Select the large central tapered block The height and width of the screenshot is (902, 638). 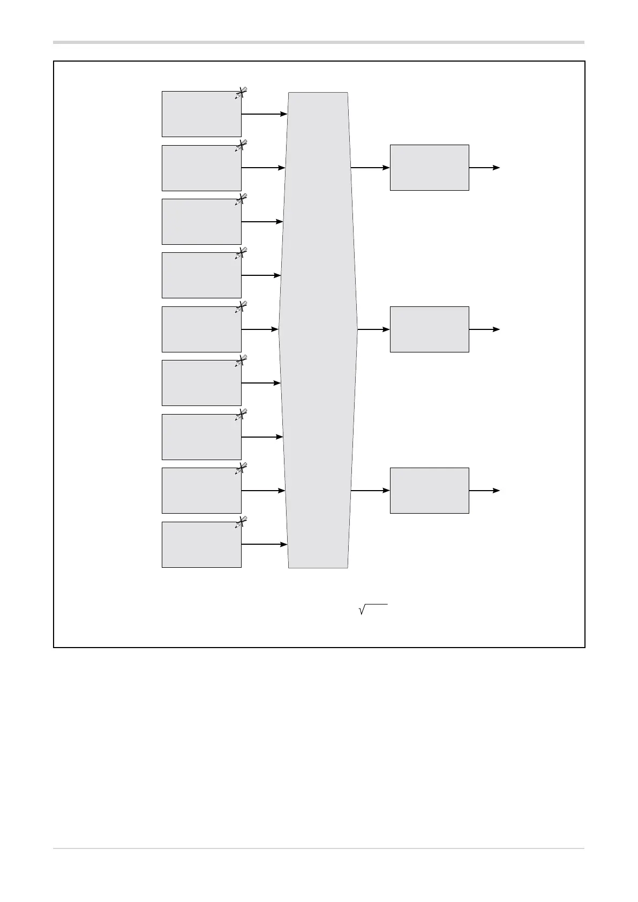[x=318, y=330]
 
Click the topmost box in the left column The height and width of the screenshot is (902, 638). [x=201, y=114]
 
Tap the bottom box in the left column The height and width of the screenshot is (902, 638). [x=201, y=545]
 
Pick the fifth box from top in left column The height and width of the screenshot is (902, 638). [x=201, y=329]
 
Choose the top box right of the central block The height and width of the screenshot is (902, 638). [x=429, y=168]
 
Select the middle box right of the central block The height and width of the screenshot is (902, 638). [x=429, y=329]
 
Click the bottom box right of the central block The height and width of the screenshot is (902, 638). [x=429, y=491]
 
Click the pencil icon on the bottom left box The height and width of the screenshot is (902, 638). [x=241, y=523]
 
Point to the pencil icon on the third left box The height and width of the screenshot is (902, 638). [x=241, y=200]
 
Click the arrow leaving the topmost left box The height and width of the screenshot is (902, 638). [x=264, y=114]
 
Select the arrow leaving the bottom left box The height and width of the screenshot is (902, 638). [x=264, y=545]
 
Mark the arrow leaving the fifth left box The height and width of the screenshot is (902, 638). [x=260, y=329]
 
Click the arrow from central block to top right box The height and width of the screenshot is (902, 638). [x=370, y=168]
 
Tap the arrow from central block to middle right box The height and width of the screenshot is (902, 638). [x=373, y=329]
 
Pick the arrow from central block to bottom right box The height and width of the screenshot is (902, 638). [x=370, y=491]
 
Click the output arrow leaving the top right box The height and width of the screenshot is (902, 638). [x=484, y=168]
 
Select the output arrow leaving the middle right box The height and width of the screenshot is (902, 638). [x=484, y=329]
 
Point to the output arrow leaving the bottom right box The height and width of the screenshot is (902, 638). [x=484, y=491]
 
